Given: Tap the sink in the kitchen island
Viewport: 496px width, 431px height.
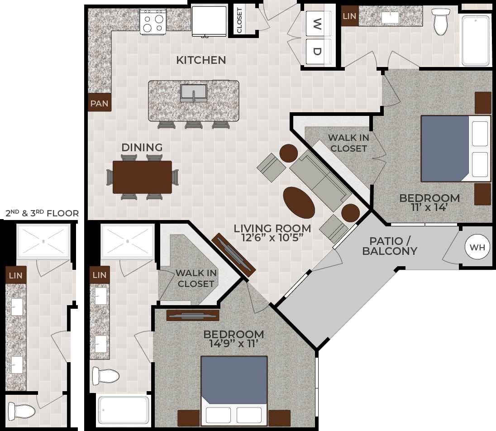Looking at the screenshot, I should pos(194,92).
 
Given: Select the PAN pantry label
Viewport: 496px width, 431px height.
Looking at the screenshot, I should pos(99,103).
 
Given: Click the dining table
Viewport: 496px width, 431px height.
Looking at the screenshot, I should pos(142,177).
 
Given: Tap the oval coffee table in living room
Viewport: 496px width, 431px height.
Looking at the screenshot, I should pos(299,202).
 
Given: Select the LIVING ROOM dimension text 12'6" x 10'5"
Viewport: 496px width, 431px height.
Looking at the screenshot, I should pos(272,238).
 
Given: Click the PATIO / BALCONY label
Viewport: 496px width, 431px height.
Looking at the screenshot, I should pos(390,246).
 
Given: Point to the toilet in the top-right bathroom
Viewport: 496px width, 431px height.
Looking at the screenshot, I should pos(440,21).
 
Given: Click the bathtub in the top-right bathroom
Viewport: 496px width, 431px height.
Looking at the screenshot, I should pos(476,40).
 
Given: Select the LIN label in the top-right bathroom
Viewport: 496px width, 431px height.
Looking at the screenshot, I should pos(349,16).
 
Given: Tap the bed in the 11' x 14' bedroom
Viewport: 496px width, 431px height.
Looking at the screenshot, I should pos(455,148).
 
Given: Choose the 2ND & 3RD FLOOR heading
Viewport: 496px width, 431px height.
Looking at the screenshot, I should pos(42,213).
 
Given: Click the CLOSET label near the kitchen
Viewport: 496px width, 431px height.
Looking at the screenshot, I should pos(239,20).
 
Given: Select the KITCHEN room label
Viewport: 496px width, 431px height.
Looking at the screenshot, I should pos(201,60).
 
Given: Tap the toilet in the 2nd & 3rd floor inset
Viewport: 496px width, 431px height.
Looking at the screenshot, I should pos(22,411).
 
